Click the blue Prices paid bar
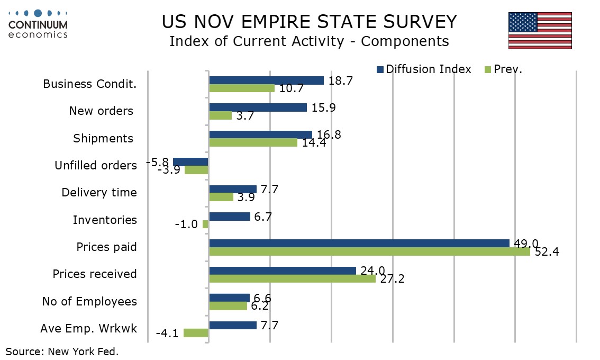pyautogui.click(x=359, y=243)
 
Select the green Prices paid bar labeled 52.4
pyautogui.click(x=369, y=251)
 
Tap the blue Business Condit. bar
pyautogui.click(x=266, y=80)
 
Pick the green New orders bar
pyautogui.click(x=221, y=115)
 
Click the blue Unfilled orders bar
pyautogui.click(x=190, y=162)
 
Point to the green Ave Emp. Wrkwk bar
pyautogui.click(x=196, y=333)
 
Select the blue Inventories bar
pyautogui.click(x=230, y=216)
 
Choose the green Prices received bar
pyautogui.click(x=292, y=278)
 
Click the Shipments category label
pyautogui.click(x=103, y=138)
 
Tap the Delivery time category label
pyautogui.click(x=99, y=193)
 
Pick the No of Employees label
pyautogui.click(x=89, y=302)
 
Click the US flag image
pyautogui.click(x=540, y=30)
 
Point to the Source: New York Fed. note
pyautogui.click(x=62, y=351)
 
